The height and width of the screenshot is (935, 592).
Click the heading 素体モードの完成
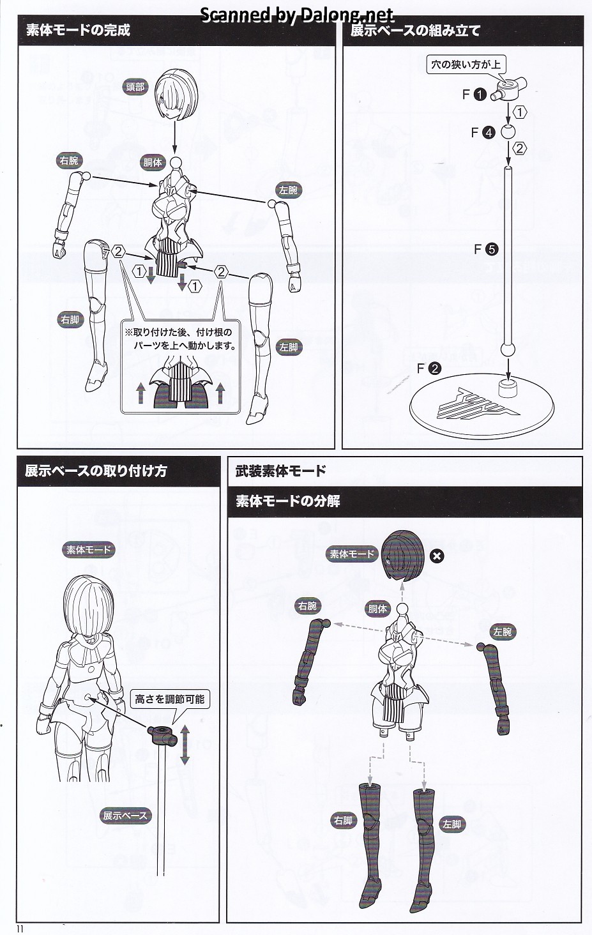[78, 30]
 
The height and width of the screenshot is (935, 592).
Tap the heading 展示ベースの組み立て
[415, 30]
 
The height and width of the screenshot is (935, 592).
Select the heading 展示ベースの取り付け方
[96, 471]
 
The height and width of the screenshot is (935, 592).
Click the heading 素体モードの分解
[287, 501]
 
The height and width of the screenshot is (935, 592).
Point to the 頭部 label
[135, 87]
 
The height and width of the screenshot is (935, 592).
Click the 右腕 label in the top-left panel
[69, 161]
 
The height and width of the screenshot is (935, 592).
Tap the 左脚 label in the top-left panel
[289, 347]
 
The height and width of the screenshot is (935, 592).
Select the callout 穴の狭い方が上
[466, 65]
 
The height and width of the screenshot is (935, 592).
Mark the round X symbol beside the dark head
[437, 556]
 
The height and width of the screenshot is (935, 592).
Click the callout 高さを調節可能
[169, 699]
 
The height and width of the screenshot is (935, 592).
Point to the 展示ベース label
[125, 816]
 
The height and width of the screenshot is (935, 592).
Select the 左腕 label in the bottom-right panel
[503, 632]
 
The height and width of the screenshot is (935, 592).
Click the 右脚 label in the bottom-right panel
[343, 821]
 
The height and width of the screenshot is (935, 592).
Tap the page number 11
[22, 929]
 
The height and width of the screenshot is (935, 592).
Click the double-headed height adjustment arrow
[185, 744]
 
